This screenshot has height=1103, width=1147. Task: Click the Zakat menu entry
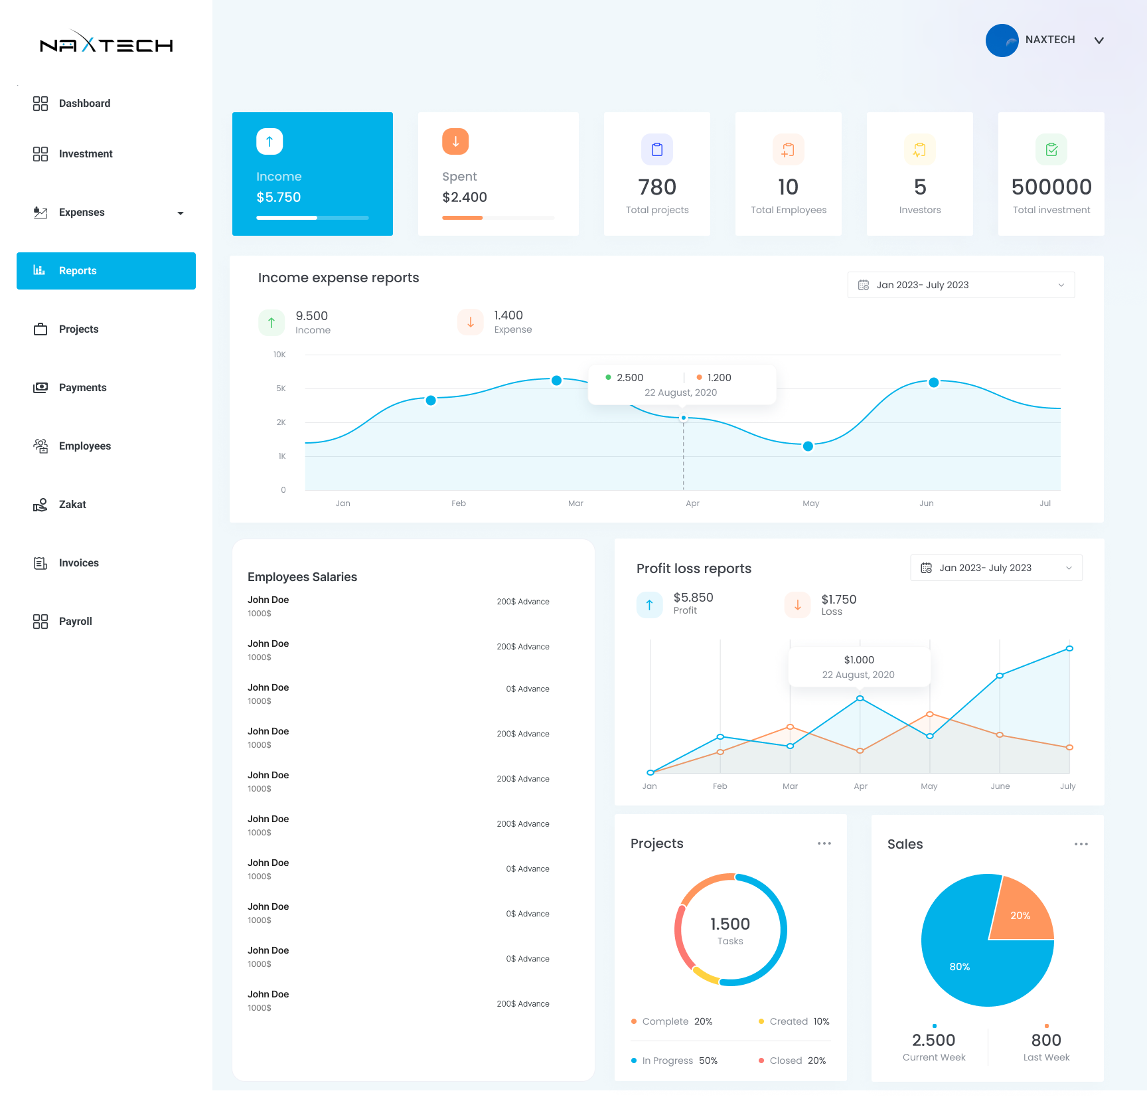click(72, 505)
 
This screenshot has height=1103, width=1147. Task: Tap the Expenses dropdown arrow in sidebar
click(181, 213)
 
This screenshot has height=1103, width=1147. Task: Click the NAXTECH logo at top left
click(106, 44)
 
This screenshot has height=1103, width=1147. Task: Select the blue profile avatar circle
click(1002, 41)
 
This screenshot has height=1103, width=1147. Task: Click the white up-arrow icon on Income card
click(269, 141)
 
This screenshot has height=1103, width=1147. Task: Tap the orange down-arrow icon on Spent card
click(455, 141)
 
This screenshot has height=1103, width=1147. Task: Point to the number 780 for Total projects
click(657, 187)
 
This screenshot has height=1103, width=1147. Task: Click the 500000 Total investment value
click(1051, 187)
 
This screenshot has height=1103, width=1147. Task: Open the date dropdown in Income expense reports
click(960, 285)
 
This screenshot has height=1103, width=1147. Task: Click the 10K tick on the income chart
click(279, 355)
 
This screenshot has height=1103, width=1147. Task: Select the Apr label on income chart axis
click(692, 503)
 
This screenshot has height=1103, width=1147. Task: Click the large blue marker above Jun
click(933, 382)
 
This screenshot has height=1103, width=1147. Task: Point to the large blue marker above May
click(808, 446)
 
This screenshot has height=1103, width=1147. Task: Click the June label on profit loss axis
click(1000, 786)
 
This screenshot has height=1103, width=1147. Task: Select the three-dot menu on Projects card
click(824, 843)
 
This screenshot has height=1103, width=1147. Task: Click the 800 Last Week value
click(1046, 1040)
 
